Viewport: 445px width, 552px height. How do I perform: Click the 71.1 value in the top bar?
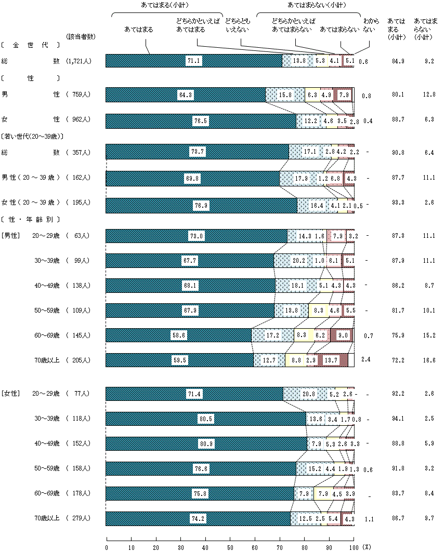pyautogui.click(x=193, y=61)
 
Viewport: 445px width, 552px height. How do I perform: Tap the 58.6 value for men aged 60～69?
pyautogui.click(x=179, y=335)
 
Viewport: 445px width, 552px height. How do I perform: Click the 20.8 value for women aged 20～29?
pyautogui.click(x=309, y=394)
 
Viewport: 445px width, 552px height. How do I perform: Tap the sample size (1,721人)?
pyautogui.click(x=80, y=61)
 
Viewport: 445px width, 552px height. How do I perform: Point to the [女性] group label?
pyautogui.click(x=11, y=394)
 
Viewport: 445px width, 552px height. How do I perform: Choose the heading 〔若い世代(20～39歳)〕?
pyautogui.click(x=32, y=137)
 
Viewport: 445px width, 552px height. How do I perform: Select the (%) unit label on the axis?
pyautogui.click(x=367, y=547)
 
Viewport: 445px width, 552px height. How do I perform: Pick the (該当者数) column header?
pyautogui.click(x=81, y=36)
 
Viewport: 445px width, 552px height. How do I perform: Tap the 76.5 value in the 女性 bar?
pyautogui.click(x=201, y=121)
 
